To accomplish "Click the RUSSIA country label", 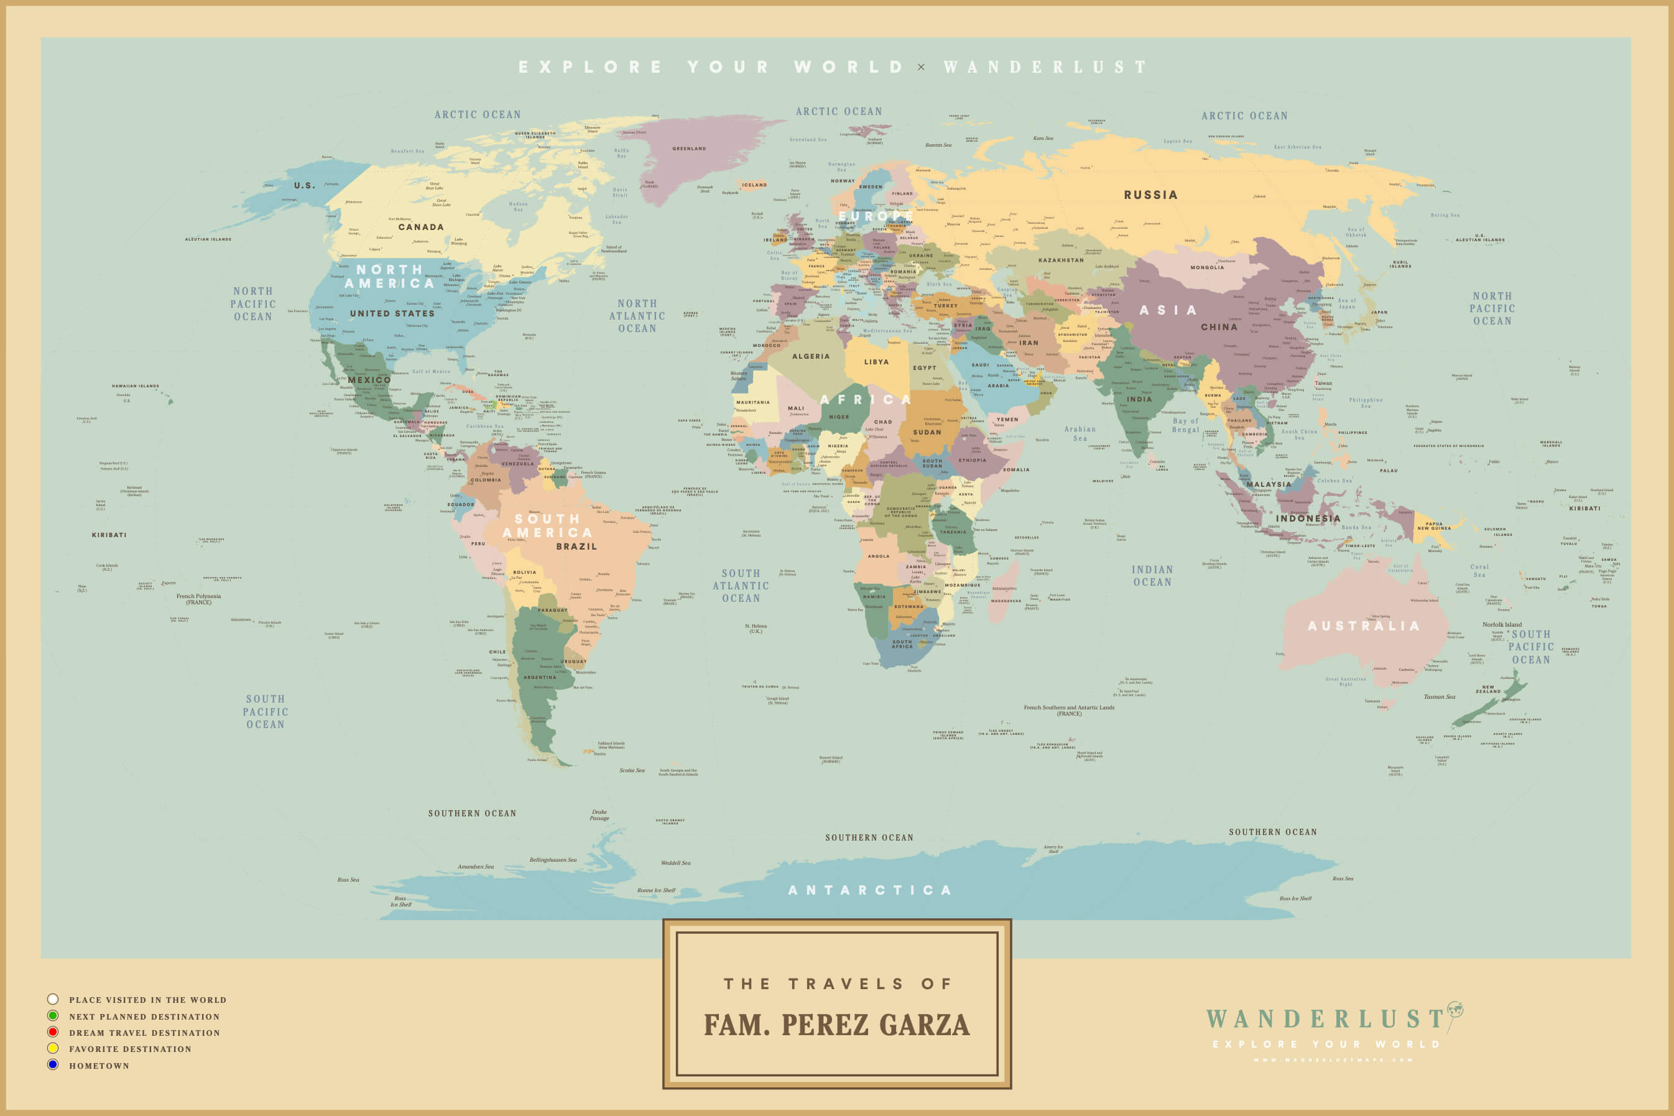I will pyautogui.click(x=1150, y=195).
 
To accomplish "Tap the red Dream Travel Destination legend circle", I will pyautogui.click(x=53, y=1032).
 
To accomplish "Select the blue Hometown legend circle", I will pyautogui.click(x=53, y=1065).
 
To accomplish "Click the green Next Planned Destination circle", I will pyautogui.click(x=53, y=1016).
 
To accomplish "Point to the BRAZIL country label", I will pyautogui.click(x=576, y=546).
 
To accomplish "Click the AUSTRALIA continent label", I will pyautogui.click(x=1364, y=626).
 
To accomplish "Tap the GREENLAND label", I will pyautogui.click(x=689, y=149).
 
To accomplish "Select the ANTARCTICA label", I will pyautogui.click(x=870, y=890).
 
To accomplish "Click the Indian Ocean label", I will pyautogui.click(x=1152, y=576).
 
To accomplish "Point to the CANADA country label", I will pyautogui.click(x=420, y=227).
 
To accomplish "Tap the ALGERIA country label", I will pyautogui.click(x=811, y=357).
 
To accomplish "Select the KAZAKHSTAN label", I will pyautogui.click(x=1060, y=261).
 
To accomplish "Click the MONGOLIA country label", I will pyautogui.click(x=1207, y=267).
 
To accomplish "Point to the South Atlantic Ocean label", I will pyautogui.click(x=741, y=586).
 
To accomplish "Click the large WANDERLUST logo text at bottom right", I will pyautogui.click(x=1325, y=1019).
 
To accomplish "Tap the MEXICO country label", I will pyautogui.click(x=369, y=380).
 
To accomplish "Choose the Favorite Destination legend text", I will pyautogui.click(x=130, y=1049).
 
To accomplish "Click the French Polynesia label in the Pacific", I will pyautogui.click(x=198, y=599).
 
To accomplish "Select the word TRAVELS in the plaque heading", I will pyautogui.click(x=846, y=984).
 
